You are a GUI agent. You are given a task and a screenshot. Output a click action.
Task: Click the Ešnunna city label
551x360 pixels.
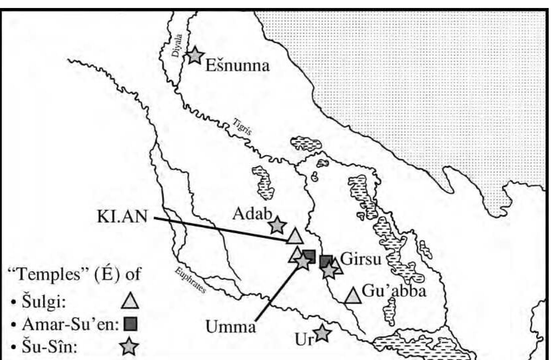[x=237, y=65]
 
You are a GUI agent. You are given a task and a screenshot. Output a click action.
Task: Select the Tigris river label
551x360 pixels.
[x=242, y=126]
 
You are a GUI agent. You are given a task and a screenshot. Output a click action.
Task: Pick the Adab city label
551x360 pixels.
[x=252, y=214]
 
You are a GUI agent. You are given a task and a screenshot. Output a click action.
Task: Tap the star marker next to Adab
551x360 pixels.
[x=277, y=226]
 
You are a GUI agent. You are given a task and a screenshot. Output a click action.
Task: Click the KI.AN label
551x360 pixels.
[x=122, y=217]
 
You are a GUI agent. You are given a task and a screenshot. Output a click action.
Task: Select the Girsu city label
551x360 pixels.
[x=360, y=259]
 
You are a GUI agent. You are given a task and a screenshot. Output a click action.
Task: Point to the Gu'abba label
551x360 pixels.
[x=394, y=291]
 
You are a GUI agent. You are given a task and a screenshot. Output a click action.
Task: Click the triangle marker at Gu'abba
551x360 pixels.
[x=353, y=296]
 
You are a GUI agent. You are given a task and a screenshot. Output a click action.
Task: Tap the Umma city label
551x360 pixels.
[x=230, y=327]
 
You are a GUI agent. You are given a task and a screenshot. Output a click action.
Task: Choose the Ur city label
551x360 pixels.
[x=304, y=339]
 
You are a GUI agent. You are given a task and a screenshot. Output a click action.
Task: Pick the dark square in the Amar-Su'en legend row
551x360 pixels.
[x=130, y=324]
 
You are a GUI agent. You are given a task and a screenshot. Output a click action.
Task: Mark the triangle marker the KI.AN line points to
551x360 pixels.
[x=295, y=237]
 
